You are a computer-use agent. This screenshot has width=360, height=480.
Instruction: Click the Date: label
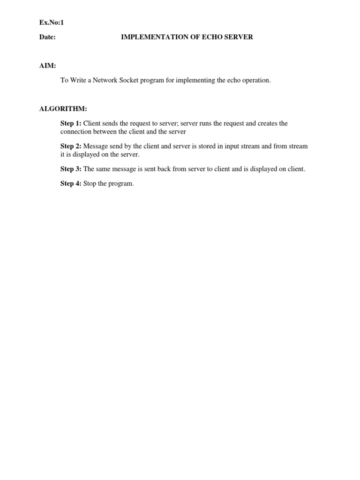(x=48, y=37)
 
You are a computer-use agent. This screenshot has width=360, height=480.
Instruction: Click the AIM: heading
(x=48, y=66)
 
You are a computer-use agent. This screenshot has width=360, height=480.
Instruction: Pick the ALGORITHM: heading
(x=63, y=109)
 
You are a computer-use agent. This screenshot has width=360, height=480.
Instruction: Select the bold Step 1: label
(x=71, y=123)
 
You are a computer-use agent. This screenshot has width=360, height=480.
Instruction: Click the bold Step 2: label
(x=71, y=146)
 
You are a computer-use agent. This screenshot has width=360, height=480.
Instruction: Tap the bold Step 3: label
(x=71, y=169)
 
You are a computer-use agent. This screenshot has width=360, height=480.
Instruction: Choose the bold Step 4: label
(x=71, y=183)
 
